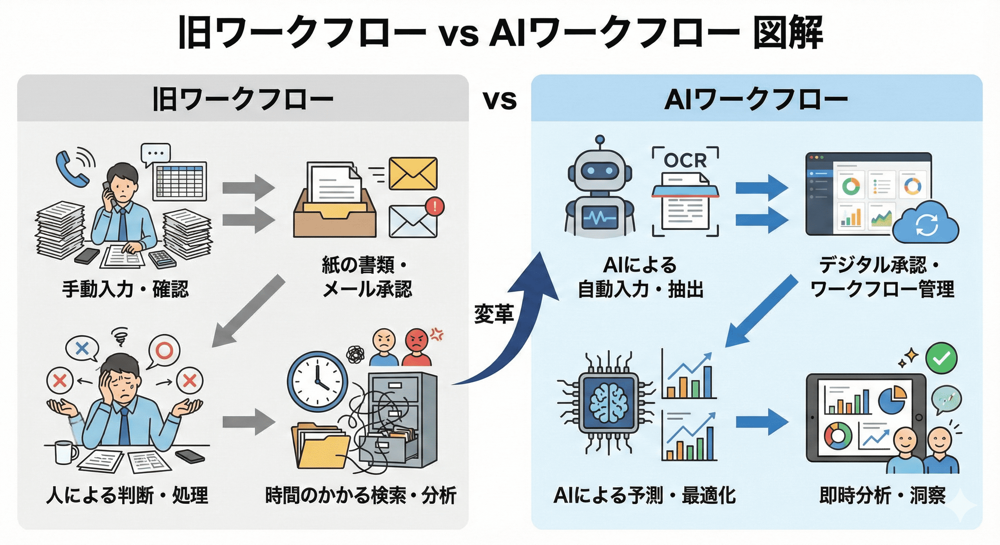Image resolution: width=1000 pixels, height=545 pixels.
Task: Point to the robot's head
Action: (600, 171)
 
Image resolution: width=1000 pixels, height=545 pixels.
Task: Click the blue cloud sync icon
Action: (925, 224)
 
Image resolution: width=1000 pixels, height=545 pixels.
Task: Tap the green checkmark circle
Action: (941, 358)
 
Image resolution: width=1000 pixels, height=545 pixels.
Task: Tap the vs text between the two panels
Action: (500, 100)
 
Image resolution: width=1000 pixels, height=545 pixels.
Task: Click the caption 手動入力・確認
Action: (125, 289)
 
